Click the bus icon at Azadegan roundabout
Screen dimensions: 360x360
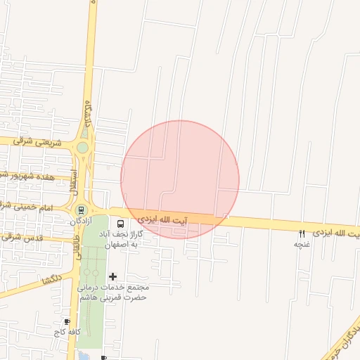pos(82,209)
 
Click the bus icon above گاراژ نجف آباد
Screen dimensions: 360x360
pos(120,224)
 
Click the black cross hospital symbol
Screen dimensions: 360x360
pos(112,277)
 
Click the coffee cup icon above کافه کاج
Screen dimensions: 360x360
pos(67,321)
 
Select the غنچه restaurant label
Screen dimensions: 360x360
pos(302,244)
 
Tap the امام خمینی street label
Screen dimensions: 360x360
pos(28,207)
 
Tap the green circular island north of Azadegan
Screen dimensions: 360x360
pos(83,148)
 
